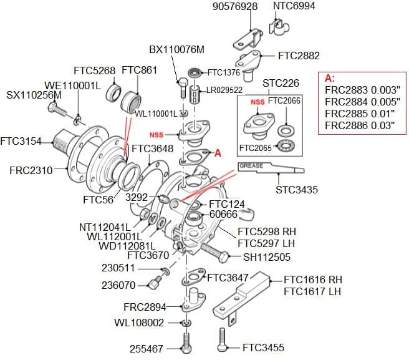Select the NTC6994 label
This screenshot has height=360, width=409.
tap(294, 7)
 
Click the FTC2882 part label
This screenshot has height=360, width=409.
tap(299, 56)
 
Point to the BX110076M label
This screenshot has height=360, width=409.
tap(176, 49)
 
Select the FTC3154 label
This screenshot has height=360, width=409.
tap(21, 141)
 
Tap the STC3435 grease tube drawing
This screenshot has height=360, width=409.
tap(271, 168)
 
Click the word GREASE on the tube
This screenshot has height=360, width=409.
tap(251, 166)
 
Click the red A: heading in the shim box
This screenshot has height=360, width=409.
tap(330, 79)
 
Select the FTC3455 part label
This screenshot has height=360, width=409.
tap(264, 348)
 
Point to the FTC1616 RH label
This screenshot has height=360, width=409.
tap(313, 280)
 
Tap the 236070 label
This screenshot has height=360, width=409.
tap(118, 286)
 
